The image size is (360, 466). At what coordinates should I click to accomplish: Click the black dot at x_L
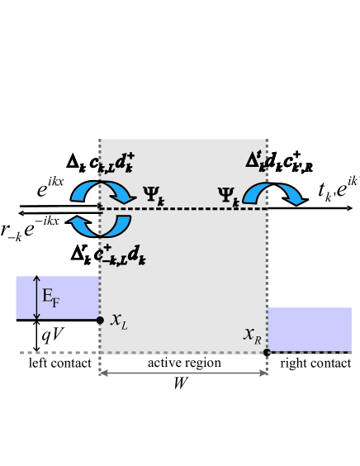(x=100, y=319)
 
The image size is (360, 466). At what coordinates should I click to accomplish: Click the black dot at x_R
(x=267, y=352)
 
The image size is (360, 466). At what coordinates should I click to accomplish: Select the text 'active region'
(x=183, y=364)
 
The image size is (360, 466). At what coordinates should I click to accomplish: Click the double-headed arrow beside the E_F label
(x=35, y=298)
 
